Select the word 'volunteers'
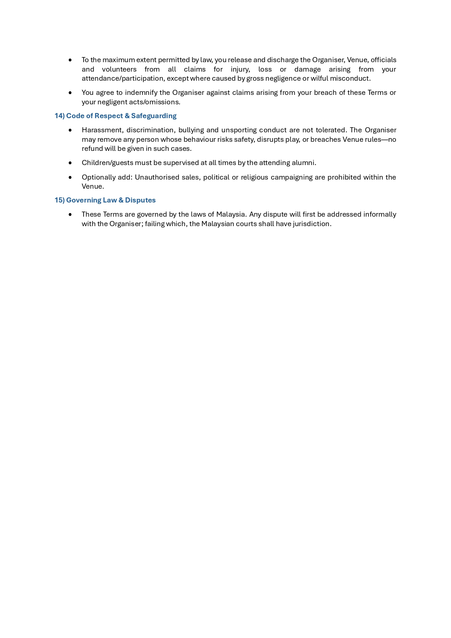click(119, 69)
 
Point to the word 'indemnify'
click(141, 93)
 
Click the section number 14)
click(60, 116)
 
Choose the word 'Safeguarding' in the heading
click(154, 116)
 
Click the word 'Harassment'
click(102, 130)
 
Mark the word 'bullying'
click(191, 130)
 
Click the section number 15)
click(60, 200)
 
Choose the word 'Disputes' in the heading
click(140, 200)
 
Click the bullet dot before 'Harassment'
click(70, 130)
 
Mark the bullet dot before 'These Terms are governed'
click(70, 214)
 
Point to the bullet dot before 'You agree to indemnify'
click(70, 93)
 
